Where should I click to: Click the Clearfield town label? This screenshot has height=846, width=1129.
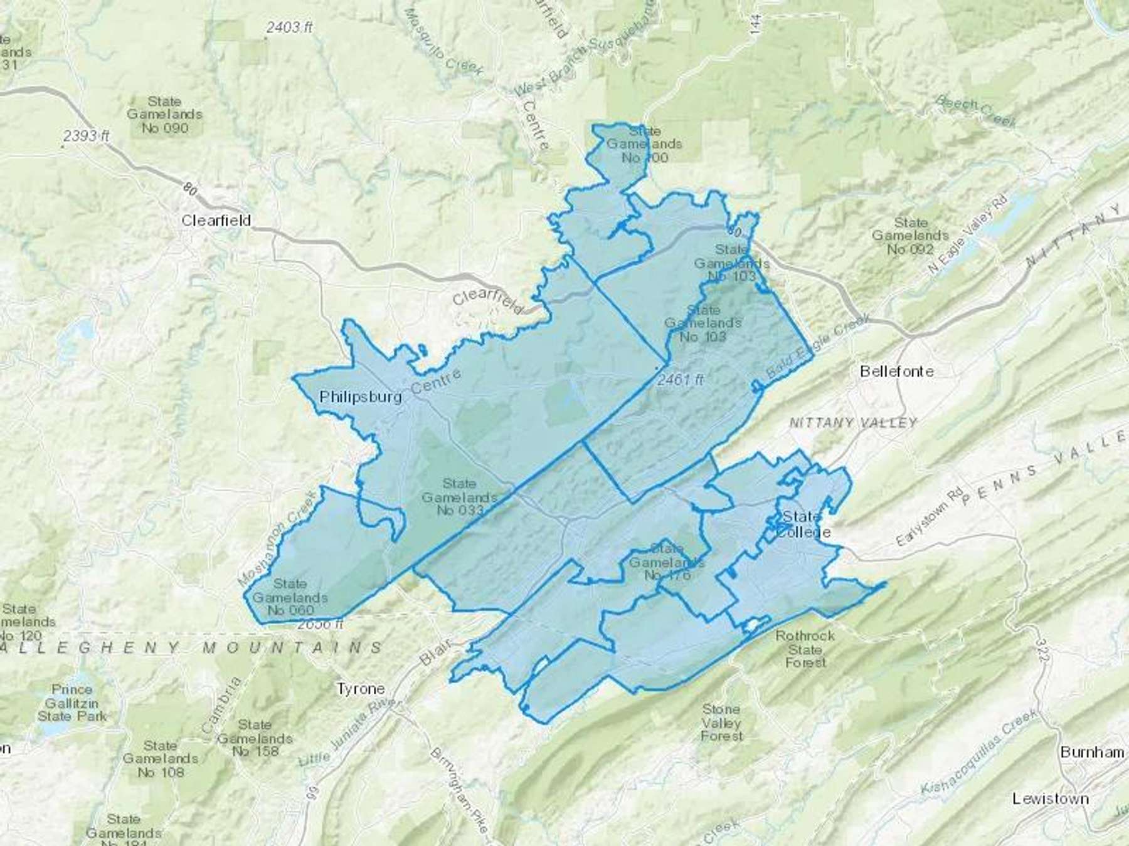[216, 221]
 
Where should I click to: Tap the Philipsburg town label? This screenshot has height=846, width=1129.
[360, 397]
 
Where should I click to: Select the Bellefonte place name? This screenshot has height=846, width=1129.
[896, 371]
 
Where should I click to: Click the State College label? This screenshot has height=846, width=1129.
[803, 525]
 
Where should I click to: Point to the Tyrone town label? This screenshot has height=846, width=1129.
[361, 689]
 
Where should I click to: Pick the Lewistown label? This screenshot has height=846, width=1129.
[1050, 798]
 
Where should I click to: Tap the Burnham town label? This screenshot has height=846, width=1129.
[1091, 752]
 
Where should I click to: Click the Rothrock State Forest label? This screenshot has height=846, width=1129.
[805, 649]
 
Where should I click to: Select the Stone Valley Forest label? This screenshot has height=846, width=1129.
[721, 722]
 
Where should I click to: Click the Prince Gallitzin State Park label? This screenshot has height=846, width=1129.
[72, 702]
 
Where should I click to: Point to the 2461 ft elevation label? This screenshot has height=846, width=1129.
[681, 380]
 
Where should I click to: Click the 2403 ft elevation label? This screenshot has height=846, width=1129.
[289, 27]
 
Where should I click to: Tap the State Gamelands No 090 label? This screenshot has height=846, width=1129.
[164, 114]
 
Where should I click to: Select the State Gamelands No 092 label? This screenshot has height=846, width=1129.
[910, 236]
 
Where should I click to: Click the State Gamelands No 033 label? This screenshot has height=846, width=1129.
[459, 497]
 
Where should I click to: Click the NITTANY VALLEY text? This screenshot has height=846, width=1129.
[852, 423]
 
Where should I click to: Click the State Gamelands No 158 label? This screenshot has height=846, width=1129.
[255, 738]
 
